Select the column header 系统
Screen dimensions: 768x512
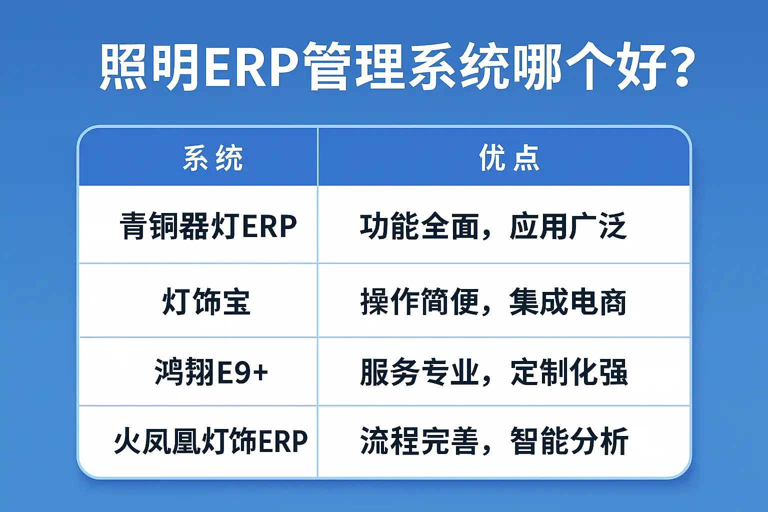click(213, 158)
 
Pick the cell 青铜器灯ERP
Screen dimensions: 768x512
click(208, 226)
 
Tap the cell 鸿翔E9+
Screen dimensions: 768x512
click(211, 372)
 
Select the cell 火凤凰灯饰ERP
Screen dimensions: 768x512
click(210, 440)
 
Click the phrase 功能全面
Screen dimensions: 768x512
click(419, 226)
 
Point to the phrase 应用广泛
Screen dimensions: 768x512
click(568, 226)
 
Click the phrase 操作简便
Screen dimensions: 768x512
click(419, 302)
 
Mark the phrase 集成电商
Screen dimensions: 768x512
click(568, 302)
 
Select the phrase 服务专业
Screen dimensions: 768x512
click(419, 372)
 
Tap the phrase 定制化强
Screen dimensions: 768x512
click(569, 372)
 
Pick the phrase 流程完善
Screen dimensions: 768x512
click(419, 441)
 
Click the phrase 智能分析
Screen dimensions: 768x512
click(569, 441)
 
